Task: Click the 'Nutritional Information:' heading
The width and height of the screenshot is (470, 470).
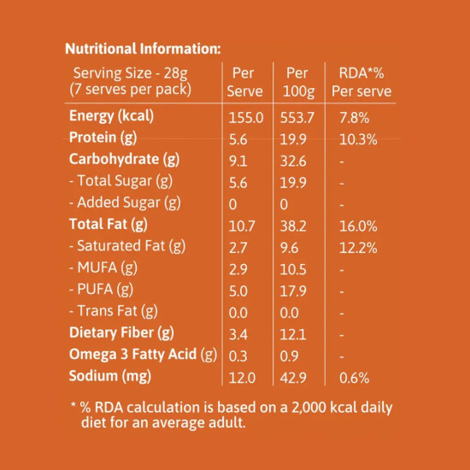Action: (143, 48)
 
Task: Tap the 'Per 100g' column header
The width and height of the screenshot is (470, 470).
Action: (297, 81)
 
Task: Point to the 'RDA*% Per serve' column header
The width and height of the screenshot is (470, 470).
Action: (361, 81)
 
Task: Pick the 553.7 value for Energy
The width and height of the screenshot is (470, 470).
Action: (298, 117)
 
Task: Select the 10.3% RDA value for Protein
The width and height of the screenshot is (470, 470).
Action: (359, 138)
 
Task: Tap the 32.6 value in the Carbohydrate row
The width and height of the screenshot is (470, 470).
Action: (294, 161)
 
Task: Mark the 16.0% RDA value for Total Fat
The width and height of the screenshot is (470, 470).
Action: (359, 226)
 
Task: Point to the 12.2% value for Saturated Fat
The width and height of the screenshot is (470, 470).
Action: (359, 247)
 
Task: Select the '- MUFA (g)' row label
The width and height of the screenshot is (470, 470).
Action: (102, 268)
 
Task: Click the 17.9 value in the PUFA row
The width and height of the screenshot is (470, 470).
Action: (294, 291)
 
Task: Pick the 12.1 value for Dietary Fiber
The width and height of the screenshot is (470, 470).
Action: (294, 333)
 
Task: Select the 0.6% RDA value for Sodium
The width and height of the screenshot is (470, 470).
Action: (355, 377)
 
